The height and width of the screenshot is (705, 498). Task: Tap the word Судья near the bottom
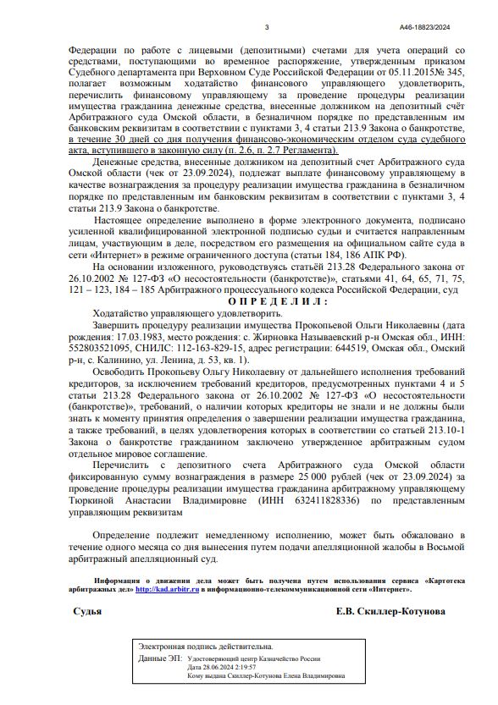click(x=89, y=611)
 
